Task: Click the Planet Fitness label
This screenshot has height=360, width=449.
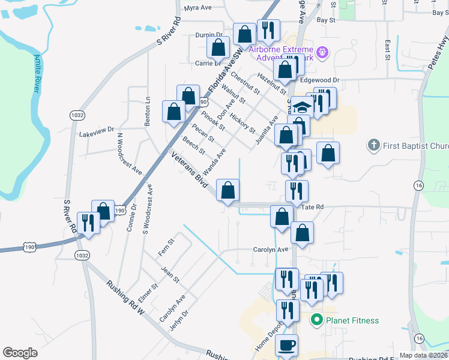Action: pyautogui.click(x=352, y=320)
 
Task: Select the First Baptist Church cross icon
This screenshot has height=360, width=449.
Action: pyautogui.click(x=373, y=145)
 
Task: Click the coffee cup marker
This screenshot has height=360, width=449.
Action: pyautogui.click(x=286, y=346)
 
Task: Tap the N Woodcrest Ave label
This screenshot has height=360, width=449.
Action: pyautogui.click(x=129, y=154)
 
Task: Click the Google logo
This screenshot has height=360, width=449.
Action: pyautogui.click(x=20, y=353)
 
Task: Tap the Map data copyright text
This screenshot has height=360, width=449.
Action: pyautogui.click(x=423, y=355)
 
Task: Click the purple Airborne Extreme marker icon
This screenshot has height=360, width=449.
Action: pyautogui.click(x=321, y=53)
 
